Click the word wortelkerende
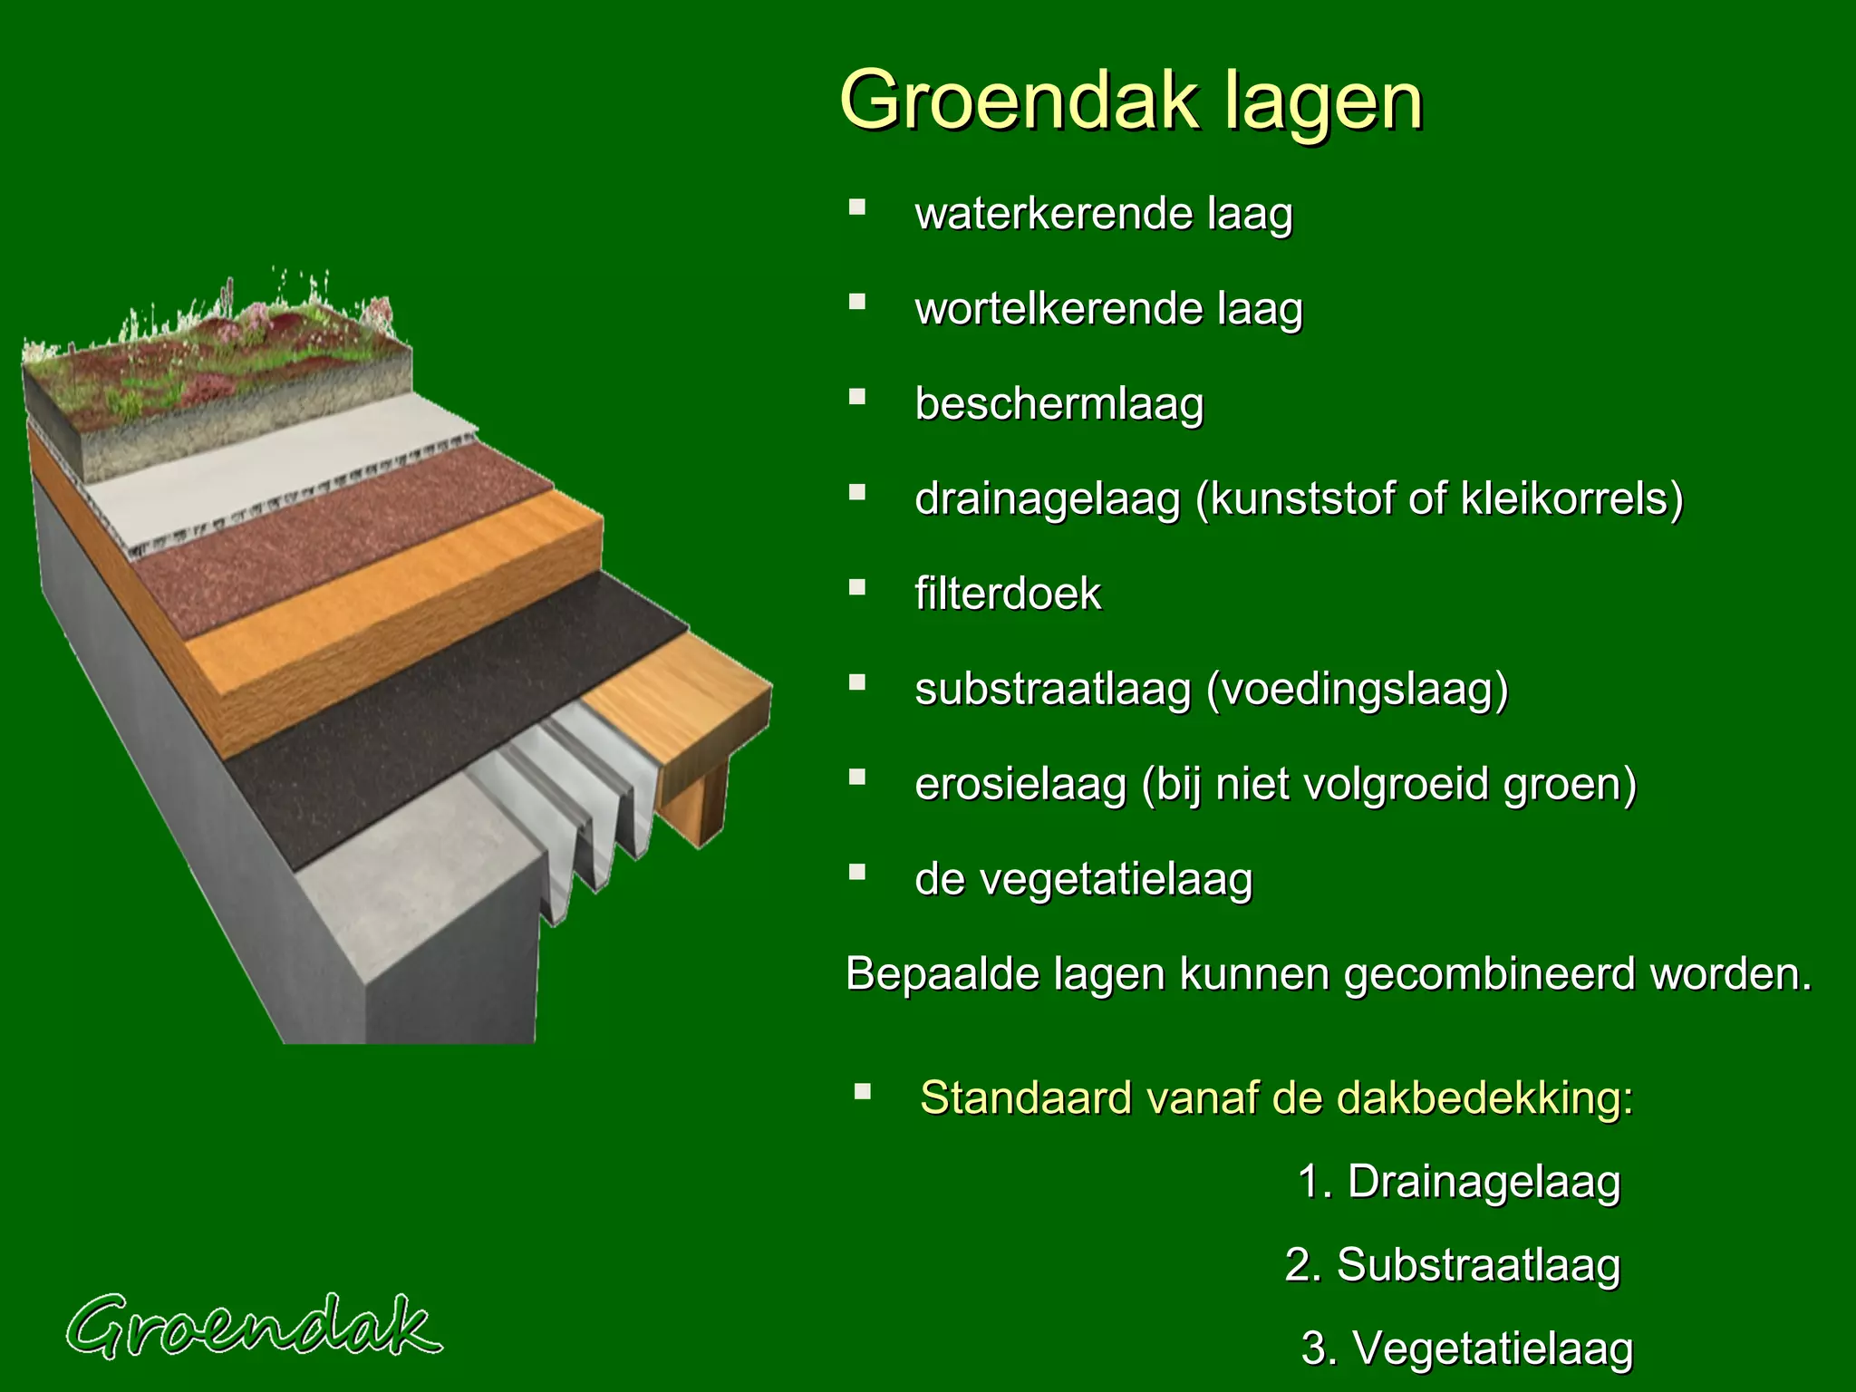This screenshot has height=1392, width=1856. [x=1057, y=309]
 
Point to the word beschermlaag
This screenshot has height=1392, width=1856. [x=1058, y=404]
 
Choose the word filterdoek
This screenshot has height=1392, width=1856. [x=1008, y=594]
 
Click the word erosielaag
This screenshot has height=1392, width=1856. [x=1020, y=785]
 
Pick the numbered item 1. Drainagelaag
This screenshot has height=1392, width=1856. [x=1458, y=1182]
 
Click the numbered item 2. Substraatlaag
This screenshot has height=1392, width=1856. [x=1452, y=1265]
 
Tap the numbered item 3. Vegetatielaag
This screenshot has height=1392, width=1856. [x=1466, y=1348]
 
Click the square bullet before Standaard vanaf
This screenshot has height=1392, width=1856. [x=862, y=1091]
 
